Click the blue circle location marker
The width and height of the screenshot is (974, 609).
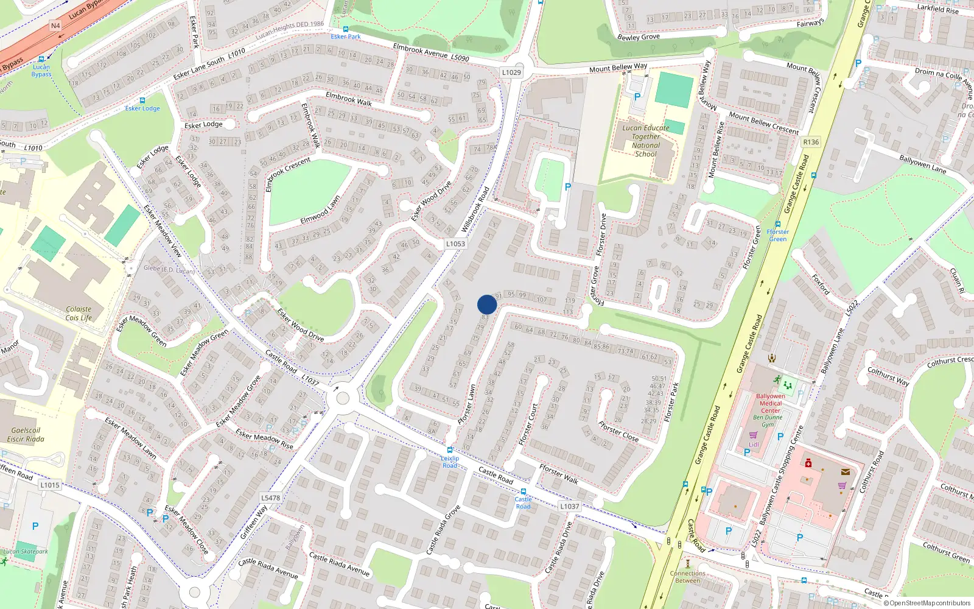coord(487,304)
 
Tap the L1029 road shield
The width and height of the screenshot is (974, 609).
coord(511,72)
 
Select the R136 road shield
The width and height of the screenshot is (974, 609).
coord(811,142)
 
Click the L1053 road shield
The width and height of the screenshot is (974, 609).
coord(455,244)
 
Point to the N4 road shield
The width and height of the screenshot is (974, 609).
coord(55,26)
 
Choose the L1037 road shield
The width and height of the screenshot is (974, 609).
coord(569,506)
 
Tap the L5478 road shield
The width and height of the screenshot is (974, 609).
coord(271,498)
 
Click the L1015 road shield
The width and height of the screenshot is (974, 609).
coord(50,485)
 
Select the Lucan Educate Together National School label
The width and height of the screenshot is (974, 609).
coord(645,141)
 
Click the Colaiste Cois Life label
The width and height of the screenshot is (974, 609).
coord(79,313)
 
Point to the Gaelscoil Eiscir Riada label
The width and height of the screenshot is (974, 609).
coord(26,434)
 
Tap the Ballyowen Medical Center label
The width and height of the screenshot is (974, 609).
coord(770,403)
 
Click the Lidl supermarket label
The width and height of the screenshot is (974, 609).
coord(754,445)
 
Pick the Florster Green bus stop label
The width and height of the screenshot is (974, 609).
coord(777,235)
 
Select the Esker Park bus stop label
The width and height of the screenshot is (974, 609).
coord(346,37)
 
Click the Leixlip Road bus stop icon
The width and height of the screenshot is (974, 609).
coord(450,450)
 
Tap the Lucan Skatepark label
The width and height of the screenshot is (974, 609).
coord(26,552)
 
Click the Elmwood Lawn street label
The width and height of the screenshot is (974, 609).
coord(320,210)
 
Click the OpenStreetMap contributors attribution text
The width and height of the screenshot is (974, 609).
coord(927,603)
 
